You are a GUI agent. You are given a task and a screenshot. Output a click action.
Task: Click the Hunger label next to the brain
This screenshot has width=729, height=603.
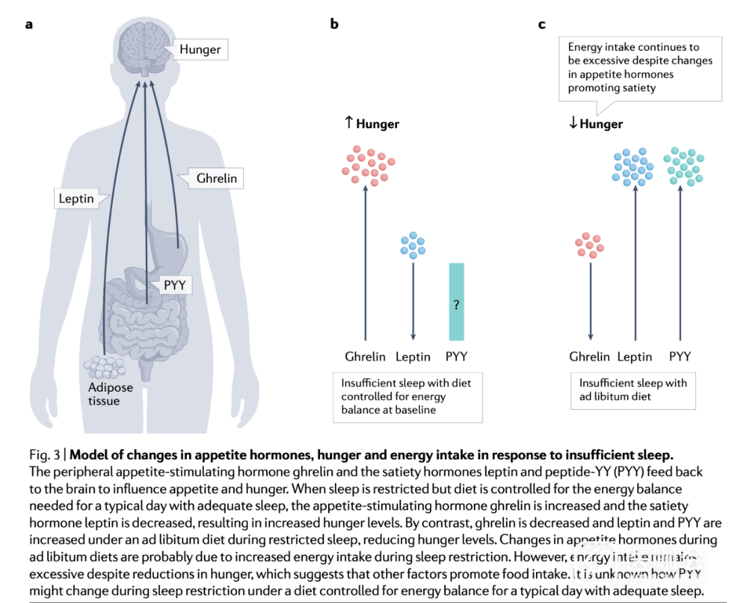click(200, 49)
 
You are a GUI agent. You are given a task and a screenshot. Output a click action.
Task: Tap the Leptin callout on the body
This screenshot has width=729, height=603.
click(75, 199)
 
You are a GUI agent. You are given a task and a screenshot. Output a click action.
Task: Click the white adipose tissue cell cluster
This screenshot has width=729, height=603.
click(105, 368)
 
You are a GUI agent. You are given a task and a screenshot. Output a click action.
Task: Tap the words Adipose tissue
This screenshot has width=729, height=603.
click(110, 394)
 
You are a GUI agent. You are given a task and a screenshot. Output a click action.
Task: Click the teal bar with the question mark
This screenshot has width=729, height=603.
click(456, 301)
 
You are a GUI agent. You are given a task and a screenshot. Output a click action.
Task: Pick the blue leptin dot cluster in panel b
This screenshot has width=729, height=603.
click(412, 244)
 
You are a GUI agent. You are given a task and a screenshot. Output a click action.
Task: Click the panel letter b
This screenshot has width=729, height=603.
click(333, 24)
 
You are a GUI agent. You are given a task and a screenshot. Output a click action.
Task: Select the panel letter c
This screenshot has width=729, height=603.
click(541, 24)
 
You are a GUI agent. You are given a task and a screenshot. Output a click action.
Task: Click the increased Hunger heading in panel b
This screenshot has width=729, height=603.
click(372, 124)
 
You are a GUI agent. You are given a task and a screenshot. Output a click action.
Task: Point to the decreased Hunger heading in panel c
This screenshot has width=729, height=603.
click(595, 124)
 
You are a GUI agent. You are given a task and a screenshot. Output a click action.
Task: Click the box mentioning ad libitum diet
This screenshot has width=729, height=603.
click(632, 390)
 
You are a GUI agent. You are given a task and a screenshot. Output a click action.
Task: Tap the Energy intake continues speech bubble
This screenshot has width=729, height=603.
click(639, 67)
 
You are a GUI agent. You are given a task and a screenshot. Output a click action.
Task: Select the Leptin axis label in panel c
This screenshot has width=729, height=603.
click(634, 357)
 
